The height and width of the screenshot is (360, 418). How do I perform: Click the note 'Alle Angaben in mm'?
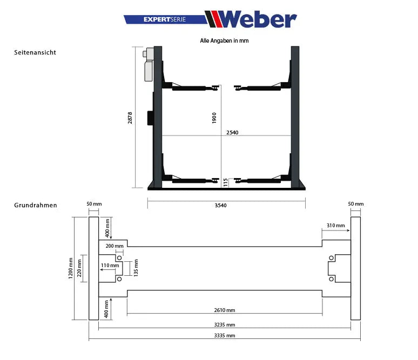click(x=224, y=40)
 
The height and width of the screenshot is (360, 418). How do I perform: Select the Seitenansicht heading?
click(x=35, y=53)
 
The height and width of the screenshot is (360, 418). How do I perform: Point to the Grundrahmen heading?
click(x=36, y=205)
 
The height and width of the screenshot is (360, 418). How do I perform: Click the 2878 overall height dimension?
click(x=130, y=118)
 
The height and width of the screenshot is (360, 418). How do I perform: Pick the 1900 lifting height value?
click(x=214, y=118)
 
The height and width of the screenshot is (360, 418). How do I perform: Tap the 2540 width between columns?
click(x=232, y=132)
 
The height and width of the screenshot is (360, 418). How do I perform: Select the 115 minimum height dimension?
click(x=226, y=182)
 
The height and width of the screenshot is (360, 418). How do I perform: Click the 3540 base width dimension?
click(x=226, y=205)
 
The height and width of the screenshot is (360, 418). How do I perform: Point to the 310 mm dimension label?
click(x=335, y=225)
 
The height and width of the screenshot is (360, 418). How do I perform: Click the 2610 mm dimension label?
click(x=224, y=310)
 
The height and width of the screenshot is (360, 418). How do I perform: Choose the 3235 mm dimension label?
click(x=224, y=325)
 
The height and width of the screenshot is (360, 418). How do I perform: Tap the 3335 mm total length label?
click(x=224, y=336)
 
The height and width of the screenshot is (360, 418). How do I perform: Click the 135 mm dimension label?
click(x=136, y=267)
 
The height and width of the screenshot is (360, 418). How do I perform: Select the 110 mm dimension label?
click(x=110, y=266)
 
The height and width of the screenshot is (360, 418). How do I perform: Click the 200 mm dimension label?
click(x=114, y=246)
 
